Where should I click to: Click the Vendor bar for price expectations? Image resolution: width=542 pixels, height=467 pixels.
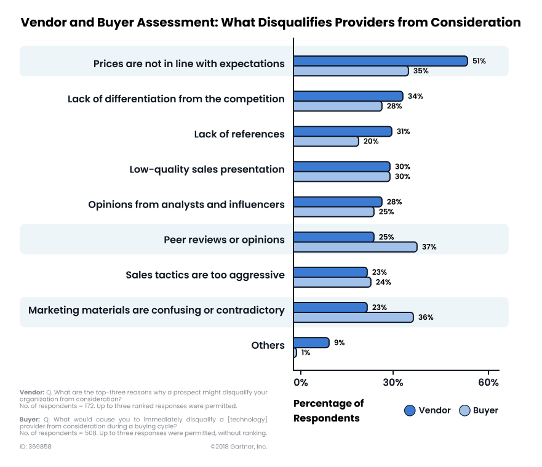point(380,61)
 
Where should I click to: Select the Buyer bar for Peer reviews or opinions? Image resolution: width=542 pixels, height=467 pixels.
point(355,247)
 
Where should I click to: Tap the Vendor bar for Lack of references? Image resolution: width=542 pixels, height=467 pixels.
point(343,131)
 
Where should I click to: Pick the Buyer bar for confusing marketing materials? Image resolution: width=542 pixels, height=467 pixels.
point(353,317)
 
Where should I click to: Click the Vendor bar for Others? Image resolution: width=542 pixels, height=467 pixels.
point(311,343)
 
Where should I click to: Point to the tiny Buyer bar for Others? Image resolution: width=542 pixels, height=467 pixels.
point(295,353)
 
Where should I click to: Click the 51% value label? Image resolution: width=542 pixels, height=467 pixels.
point(479,61)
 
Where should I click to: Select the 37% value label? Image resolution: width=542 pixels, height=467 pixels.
point(429,247)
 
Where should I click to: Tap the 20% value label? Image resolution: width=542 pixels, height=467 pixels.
point(370,141)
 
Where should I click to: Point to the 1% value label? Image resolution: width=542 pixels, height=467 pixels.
point(305,353)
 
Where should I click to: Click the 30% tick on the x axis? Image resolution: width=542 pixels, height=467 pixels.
point(393,382)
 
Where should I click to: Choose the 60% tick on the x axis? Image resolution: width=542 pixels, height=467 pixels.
point(488,382)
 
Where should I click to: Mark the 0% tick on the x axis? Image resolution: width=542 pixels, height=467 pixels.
point(300,382)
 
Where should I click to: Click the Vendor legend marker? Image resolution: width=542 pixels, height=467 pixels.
point(410,411)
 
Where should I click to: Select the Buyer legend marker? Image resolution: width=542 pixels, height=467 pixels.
point(464,411)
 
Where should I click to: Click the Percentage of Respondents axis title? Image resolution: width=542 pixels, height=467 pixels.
point(328,411)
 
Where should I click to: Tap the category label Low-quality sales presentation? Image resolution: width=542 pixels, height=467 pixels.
point(207,169)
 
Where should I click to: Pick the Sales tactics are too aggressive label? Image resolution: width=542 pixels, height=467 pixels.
point(205,275)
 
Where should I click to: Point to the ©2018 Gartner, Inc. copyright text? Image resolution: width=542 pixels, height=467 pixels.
point(239,447)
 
